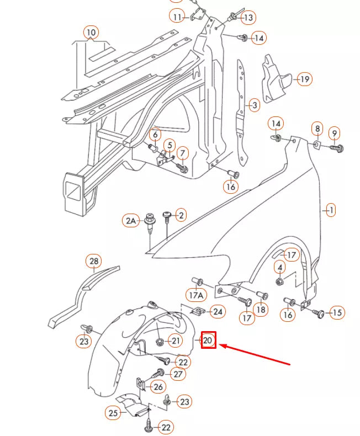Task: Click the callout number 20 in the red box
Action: (x=208, y=341)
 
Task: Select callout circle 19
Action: (x=304, y=79)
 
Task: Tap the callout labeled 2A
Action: (x=130, y=221)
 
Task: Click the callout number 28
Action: (x=94, y=261)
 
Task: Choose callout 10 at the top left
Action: (x=91, y=33)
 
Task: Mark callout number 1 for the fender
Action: (x=331, y=210)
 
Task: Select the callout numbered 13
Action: (x=248, y=18)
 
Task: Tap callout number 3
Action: (x=253, y=105)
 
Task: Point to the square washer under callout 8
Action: (x=316, y=145)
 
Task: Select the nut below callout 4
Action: (x=279, y=282)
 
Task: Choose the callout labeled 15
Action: (x=336, y=313)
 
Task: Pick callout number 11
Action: (x=177, y=17)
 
